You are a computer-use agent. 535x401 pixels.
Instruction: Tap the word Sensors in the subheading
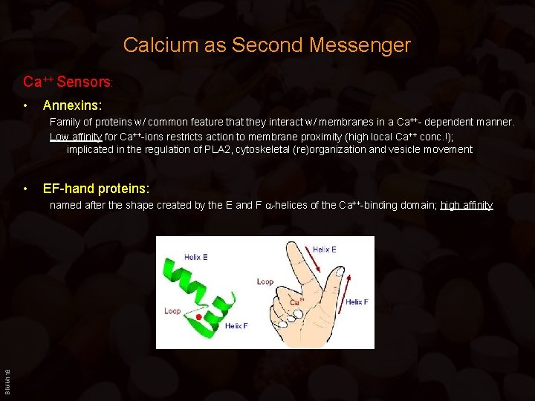[x=83, y=81]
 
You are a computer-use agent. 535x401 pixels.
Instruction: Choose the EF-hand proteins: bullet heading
[x=96, y=189]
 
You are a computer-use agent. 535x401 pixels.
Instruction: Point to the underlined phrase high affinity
[x=467, y=205]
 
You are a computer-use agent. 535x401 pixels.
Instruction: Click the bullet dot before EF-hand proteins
[x=26, y=189]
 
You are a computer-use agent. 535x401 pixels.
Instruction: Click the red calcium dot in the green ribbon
[x=198, y=317]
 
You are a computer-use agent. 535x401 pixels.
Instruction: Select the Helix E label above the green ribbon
[x=195, y=258]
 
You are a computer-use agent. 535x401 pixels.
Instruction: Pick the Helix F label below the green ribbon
[x=236, y=326]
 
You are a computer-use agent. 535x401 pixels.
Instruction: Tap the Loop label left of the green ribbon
[x=172, y=310]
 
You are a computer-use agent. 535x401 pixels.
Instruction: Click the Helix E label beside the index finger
[x=325, y=250]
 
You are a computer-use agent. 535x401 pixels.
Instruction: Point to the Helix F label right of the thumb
[x=357, y=302]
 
